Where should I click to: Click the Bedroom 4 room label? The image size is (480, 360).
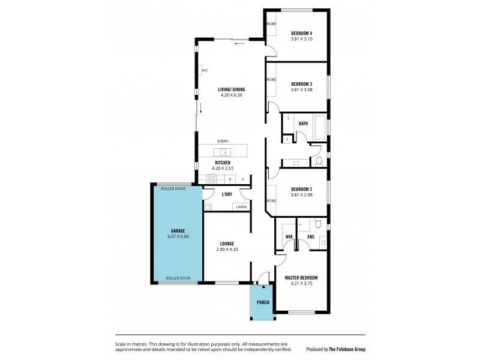[302, 32]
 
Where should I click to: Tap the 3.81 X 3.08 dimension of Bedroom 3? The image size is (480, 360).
[302, 90]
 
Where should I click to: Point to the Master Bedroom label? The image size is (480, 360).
[301, 278]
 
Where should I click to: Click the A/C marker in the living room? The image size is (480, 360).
[205, 71]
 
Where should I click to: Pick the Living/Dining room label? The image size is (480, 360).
[231, 90]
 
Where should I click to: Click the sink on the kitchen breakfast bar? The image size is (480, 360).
[223, 152]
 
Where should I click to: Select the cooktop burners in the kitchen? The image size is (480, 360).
[212, 178]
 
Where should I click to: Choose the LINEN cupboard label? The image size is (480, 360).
[239, 207]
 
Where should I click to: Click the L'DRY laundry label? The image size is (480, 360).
[227, 194]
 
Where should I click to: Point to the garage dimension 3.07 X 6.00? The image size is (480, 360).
[177, 236]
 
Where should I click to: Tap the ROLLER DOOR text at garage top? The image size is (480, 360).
[173, 188]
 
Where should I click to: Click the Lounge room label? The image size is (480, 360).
[226, 243]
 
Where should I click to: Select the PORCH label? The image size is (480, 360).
[263, 302]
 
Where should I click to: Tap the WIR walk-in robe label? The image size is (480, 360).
[288, 237]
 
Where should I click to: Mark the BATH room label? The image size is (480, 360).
[303, 124]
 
